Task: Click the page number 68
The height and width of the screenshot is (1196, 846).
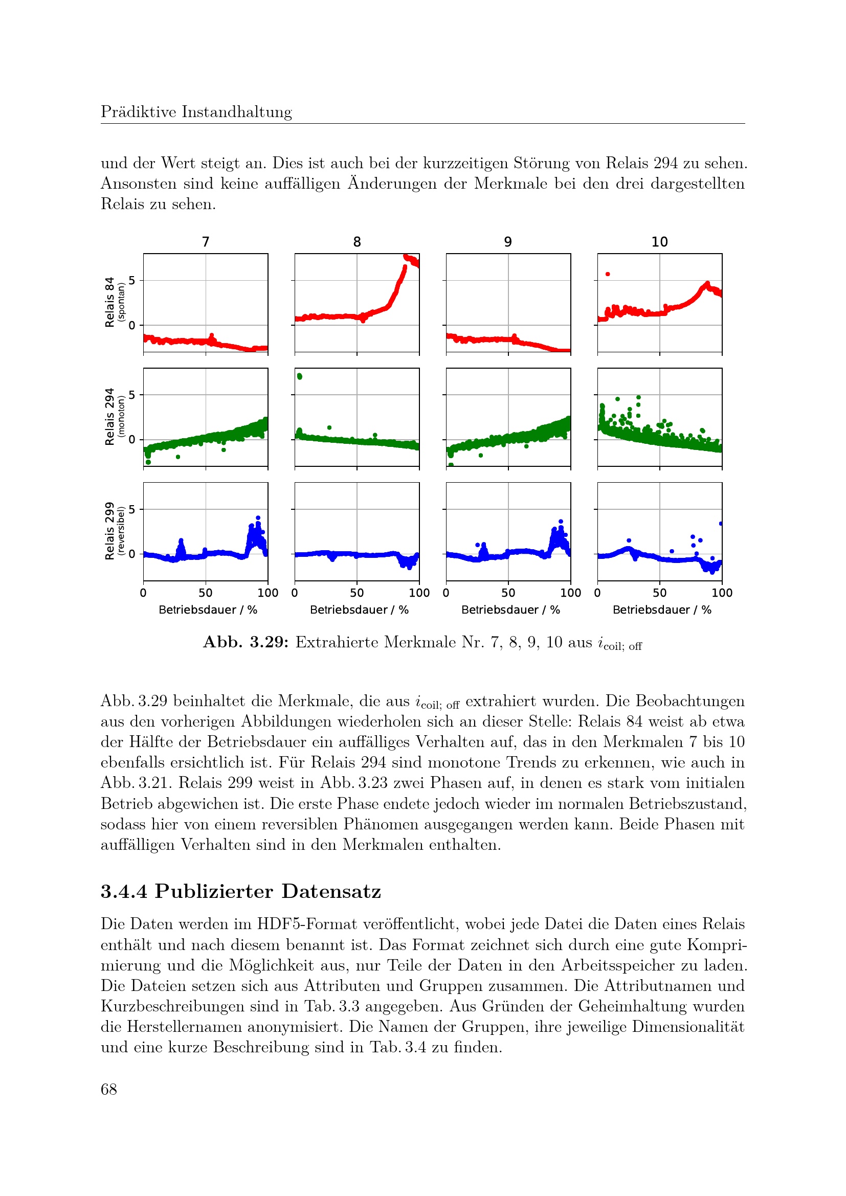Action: point(109,1089)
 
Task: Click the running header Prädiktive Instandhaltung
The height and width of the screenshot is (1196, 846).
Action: point(196,112)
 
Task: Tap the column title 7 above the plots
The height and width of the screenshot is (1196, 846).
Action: point(206,242)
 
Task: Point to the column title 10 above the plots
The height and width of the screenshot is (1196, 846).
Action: point(659,242)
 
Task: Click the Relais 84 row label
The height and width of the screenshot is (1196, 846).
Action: point(109,302)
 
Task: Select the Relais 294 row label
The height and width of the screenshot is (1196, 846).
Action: point(109,417)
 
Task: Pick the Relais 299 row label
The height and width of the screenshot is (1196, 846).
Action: point(109,531)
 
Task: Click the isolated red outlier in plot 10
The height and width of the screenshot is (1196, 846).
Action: point(608,274)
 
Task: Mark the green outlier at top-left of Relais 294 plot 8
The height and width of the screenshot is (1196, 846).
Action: point(299,376)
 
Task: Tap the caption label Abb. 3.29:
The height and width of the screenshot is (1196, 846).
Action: point(246,642)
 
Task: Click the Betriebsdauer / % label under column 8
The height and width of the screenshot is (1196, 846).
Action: point(359,610)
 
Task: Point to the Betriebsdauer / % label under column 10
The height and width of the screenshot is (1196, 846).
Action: point(661,610)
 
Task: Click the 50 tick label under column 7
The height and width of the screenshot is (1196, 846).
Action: point(205,593)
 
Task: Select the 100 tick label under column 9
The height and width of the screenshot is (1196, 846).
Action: point(570,593)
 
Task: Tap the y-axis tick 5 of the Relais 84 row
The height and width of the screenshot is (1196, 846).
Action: point(132,280)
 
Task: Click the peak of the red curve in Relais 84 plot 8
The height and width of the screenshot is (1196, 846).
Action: point(406,256)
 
